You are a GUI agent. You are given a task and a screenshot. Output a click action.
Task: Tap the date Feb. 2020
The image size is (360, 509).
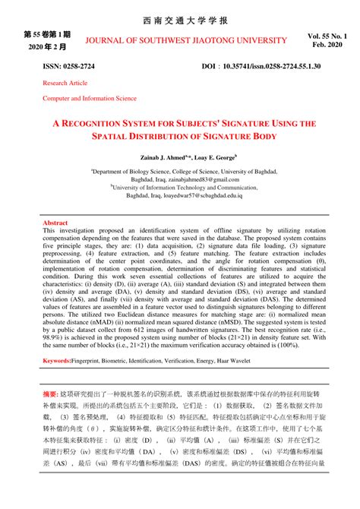[328, 47]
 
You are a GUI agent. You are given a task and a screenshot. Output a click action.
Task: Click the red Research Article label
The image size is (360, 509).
[65, 83]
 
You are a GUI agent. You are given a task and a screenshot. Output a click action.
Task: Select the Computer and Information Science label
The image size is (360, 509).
[90, 98]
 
